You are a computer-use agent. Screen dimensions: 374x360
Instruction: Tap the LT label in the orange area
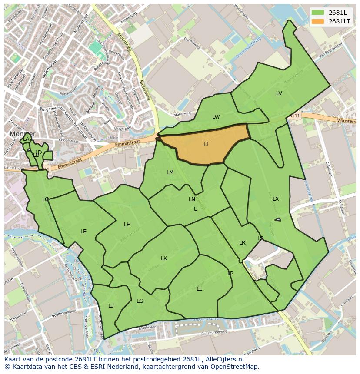click(x=206, y=144)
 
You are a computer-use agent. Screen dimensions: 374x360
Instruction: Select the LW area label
click(x=216, y=117)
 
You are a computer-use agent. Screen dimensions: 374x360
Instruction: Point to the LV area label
click(x=279, y=93)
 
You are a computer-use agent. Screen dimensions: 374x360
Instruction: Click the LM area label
click(x=170, y=172)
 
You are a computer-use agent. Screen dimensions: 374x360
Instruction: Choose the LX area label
click(x=276, y=199)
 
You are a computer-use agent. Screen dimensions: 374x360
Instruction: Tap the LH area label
click(x=127, y=225)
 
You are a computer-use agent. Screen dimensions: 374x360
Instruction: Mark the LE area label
click(x=83, y=232)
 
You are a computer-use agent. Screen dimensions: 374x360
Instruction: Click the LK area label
click(x=164, y=258)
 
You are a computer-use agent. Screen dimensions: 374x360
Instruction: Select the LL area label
click(x=199, y=289)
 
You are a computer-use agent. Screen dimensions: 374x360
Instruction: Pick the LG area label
click(x=140, y=301)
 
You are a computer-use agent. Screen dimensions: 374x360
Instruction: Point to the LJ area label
click(x=111, y=306)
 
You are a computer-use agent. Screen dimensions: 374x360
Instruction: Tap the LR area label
click(x=242, y=243)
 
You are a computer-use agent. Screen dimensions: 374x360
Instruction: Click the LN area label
click(x=192, y=199)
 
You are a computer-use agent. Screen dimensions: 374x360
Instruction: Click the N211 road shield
click(x=295, y=116)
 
